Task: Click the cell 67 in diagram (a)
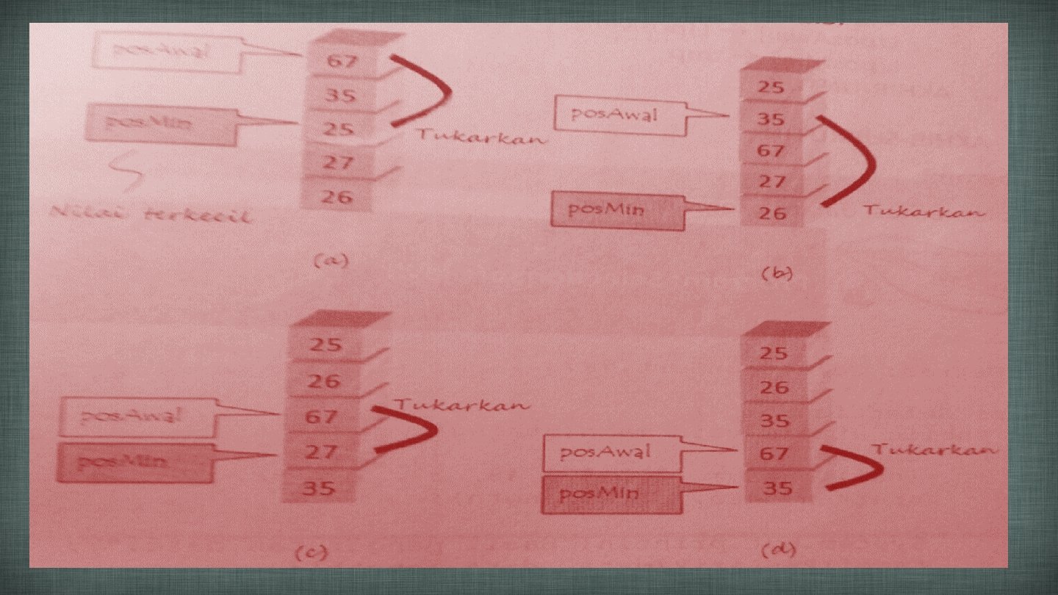(x=342, y=60)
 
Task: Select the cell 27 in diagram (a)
(x=339, y=162)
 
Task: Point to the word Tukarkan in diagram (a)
(x=481, y=137)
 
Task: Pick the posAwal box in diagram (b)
(x=621, y=115)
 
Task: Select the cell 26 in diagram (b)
(x=772, y=213)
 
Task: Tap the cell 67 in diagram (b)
(x=771, y=151)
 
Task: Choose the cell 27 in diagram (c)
(x=320, y=452)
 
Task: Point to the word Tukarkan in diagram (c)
(x=461, y=405)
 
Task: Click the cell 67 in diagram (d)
(x=774, y=453)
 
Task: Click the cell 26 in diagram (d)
(x=774, y=387)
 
